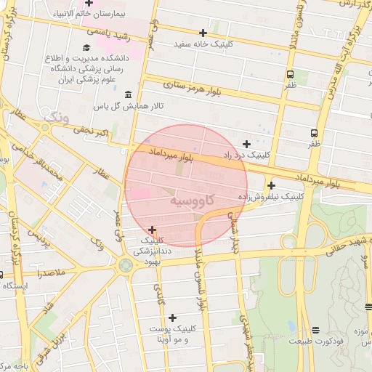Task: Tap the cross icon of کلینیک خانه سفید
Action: click(203, 33)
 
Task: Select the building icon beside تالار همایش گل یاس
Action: click(128, 94)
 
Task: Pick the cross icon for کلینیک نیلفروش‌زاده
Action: click(271, 185)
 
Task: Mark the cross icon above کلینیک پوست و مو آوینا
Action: click(172, 318)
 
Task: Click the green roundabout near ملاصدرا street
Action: click(124, 266)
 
